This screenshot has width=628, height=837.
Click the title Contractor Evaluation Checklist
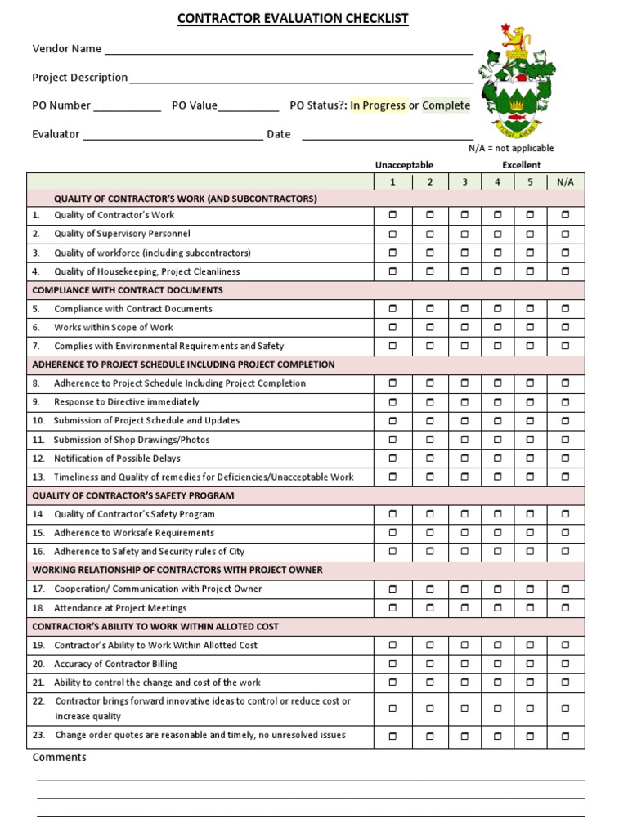tap(293, 19)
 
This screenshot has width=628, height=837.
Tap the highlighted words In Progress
tap(378, 105)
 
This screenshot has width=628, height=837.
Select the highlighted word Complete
tap(446, 105)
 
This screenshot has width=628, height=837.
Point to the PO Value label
tap(195, 105)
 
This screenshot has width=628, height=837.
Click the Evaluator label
tap(56, 134)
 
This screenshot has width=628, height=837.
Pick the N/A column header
tap(565, 181)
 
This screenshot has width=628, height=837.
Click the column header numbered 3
tap(464, 181)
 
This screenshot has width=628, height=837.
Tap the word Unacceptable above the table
tap(404, 165)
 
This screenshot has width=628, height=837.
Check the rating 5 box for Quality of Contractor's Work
tap(530, 215)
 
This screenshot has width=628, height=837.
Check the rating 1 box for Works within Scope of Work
tap(392, 327)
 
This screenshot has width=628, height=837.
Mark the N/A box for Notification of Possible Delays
tap(565, 458)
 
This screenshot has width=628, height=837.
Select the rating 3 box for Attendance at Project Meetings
tap(464, 607)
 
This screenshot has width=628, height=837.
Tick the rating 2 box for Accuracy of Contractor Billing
tap(429, 664)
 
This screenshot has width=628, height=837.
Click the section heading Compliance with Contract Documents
tap(128, 290)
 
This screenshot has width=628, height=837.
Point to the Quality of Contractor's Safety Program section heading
tap(133, 495)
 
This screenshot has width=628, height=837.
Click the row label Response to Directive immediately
tap(126, 402)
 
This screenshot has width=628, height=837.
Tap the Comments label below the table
tap(59, 758)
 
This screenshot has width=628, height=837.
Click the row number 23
tap(38, 735)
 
